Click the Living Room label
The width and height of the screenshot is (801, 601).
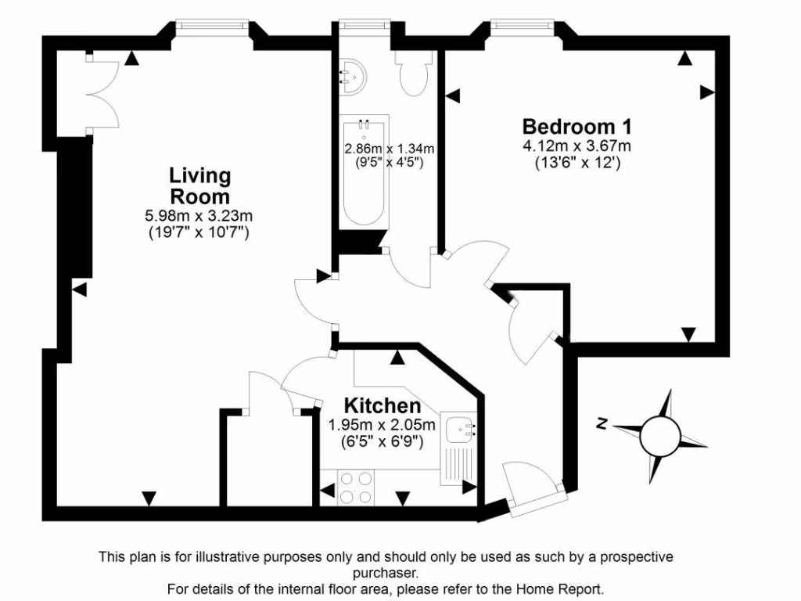click(200, 185)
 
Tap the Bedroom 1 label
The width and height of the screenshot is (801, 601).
click(577, 126)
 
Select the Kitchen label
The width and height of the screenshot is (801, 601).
click(383, 406)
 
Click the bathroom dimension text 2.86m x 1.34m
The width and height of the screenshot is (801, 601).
click(390, 149)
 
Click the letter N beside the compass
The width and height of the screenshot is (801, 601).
click(602, 423)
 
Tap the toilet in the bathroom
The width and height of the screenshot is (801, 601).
click(411, 74)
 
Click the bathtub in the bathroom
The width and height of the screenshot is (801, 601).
click(364, 172)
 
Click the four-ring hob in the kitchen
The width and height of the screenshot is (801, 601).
click(357, 487)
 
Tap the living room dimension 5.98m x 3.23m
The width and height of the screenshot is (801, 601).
click(200, 216)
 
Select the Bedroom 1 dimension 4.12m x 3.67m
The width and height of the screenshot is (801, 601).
click(577, 146)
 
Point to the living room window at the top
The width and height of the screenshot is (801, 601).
click(212, 26)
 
